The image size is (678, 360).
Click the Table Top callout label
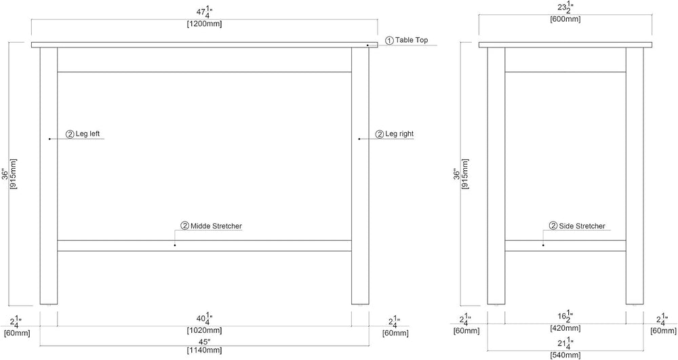click(412, 40)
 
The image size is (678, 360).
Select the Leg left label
click(87, 134)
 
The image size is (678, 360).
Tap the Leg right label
click(399, 134)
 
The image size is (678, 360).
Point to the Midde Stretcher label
click(216, 226)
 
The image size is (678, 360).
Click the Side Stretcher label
click(582, 226)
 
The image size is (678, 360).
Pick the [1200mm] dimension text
click(205, 24)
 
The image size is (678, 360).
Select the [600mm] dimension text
click(565, 20)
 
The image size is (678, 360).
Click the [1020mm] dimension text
click(205, 331)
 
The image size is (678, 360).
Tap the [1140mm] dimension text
click(205, 351)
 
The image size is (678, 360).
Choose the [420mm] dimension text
click(565, 328)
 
